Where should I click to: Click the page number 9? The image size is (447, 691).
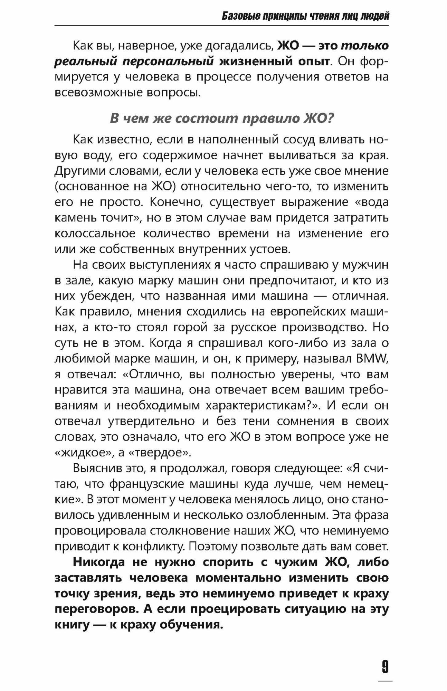pyautogui.click(x=385, y=666)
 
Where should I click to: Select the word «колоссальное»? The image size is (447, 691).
pyautogui.click(x=95, y=234)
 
